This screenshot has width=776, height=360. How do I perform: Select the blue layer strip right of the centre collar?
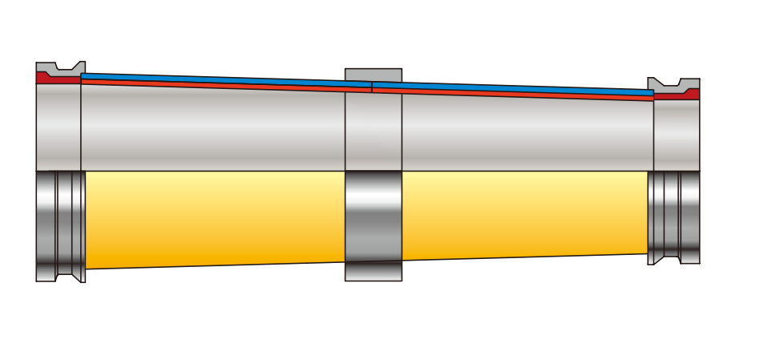pos(513,87)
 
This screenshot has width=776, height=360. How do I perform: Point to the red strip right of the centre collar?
pos(513,94)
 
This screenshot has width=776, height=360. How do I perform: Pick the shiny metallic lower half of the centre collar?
pos(373,216)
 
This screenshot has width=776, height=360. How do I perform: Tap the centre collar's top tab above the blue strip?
pos(373,75)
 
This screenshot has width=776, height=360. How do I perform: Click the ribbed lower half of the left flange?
pos(60,224)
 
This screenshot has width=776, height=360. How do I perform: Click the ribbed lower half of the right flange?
pos(674,216)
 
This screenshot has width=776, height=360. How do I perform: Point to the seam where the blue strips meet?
pos(372,83)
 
